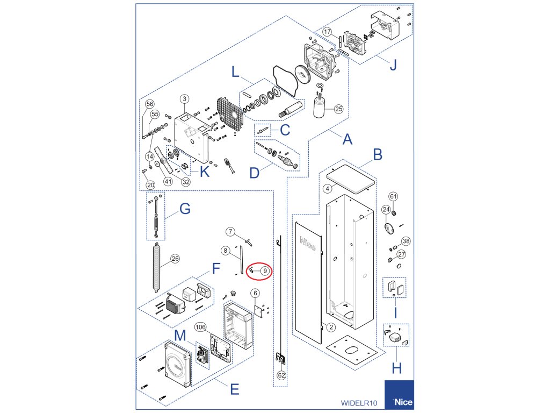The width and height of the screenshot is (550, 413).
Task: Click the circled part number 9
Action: (x=265, y=271)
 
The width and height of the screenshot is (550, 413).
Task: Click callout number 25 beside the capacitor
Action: (x=338, y=109)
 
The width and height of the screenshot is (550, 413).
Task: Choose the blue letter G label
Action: (x=184, y=209)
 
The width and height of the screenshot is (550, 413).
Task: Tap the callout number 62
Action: (x=281, y=375)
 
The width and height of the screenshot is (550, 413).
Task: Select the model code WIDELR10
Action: (x=359, y=403)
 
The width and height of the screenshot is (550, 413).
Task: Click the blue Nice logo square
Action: (x=399, y=395)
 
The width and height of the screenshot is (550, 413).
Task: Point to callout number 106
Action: (x=200, y=326)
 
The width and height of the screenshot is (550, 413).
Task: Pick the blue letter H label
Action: (x=396, y=369)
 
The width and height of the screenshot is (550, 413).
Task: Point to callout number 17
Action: (x=327, y=32)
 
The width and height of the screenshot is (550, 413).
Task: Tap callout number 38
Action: (x=406, y=241)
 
